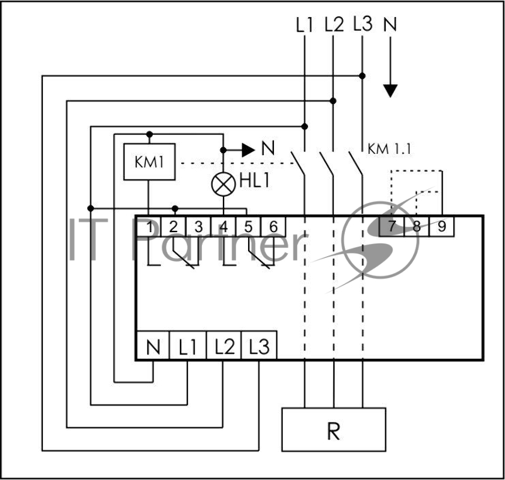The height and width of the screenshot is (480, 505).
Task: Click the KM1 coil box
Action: click(150, 161)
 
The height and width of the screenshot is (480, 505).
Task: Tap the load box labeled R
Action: click(334, 430)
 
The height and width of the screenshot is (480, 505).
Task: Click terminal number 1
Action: click(148, 226)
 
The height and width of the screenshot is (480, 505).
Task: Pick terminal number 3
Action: click(198, 226)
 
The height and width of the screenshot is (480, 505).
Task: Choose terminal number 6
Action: click(273, 226)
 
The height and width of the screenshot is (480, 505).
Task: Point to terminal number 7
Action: click(391, 226)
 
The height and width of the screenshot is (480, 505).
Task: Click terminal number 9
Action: click(441, 226)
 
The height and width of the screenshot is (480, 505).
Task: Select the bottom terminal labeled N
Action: click(153, 345)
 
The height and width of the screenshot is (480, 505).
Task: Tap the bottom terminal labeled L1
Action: click(187, 345)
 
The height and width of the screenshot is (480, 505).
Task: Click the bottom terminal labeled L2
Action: click(223, 345)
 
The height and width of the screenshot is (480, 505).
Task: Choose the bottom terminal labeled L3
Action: click(259, 345)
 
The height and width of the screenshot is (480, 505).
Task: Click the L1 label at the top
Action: click(304, 25)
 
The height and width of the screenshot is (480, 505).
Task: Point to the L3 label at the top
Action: click(362, 23)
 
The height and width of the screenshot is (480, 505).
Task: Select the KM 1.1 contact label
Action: click(389, 149)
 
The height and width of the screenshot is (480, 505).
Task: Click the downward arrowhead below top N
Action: click(390, 91)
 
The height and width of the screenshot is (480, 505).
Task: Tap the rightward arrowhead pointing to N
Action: click(249, 150)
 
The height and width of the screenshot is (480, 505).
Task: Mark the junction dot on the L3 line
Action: click(362, 76)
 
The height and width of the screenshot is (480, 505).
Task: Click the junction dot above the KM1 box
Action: click(149, 134)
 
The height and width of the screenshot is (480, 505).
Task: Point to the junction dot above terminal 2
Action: click(175, 209)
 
